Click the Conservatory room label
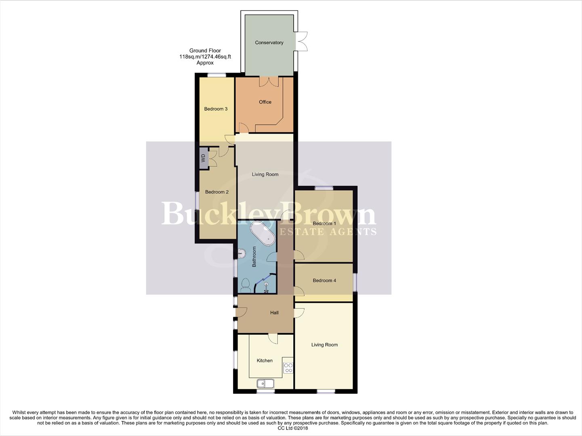(269, 43)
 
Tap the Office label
(265, 102)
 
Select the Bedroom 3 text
(216, 109)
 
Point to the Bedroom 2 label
(217, 192)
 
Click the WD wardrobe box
(203, 157)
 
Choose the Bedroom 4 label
(324, 281)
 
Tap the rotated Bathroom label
(254, 257)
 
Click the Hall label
(274, 313)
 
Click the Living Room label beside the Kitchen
(324, 345)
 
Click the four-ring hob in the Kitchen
(288, 368)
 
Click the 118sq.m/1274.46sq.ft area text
(205, 57)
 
